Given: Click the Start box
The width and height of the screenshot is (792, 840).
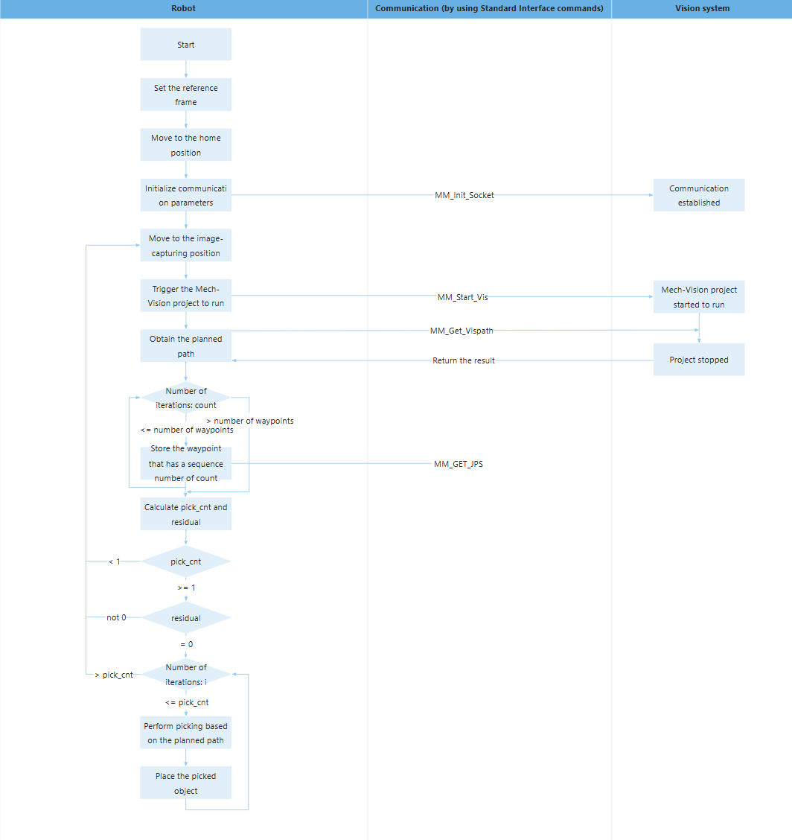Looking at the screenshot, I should [186, 45].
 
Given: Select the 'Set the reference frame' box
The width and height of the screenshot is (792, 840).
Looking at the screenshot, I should [186, 95].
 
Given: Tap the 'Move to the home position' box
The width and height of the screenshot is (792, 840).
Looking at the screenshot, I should [186, 145].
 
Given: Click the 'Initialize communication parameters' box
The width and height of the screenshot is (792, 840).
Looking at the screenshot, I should [186, 195].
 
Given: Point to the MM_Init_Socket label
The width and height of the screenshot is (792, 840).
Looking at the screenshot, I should [464, 195].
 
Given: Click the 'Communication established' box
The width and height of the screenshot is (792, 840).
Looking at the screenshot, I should [699, 195].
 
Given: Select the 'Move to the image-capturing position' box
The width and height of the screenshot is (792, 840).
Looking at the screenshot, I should [186, 246].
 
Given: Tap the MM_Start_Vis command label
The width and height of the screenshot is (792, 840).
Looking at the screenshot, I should [463, 296].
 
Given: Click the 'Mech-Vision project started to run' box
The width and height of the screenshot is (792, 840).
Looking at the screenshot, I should [699, 296].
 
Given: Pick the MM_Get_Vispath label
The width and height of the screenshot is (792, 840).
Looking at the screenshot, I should [462, 331].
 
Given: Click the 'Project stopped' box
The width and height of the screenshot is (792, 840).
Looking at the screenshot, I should [699, 360].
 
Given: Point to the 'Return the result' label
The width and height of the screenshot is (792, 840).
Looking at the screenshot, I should [464, 360].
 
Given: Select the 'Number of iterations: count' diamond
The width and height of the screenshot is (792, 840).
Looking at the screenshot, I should [186, 398].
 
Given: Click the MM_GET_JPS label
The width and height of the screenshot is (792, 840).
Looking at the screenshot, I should [459, 464].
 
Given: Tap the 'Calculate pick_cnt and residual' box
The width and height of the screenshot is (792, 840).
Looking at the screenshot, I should [186, 515].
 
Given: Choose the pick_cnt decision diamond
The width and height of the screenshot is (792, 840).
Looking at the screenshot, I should [186, 561].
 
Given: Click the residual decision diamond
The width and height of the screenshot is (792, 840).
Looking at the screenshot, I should [186, 617].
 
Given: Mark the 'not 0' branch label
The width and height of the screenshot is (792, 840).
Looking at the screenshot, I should [116, 617].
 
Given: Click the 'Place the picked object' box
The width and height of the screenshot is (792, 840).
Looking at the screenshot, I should [186, 783].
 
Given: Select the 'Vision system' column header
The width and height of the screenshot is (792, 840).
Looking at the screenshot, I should [702, 8].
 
